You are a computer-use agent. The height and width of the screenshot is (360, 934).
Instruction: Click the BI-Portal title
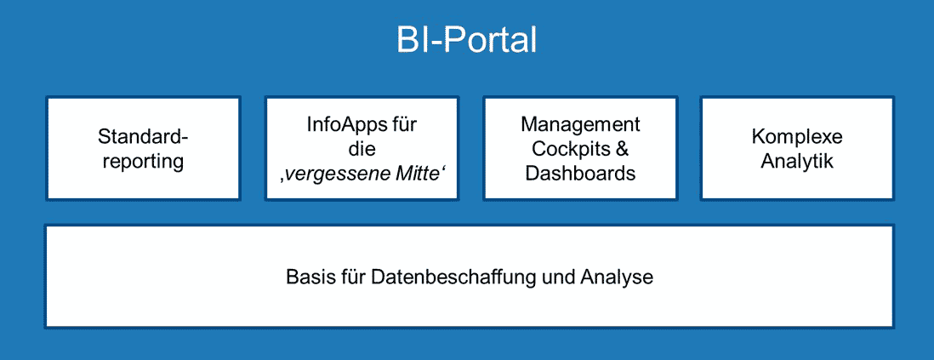[x=466, y=41]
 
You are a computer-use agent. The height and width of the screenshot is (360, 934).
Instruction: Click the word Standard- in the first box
[x=143, y=137]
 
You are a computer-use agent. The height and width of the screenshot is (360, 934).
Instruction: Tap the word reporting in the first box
[x=143, y=162]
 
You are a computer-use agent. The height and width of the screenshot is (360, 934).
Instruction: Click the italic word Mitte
[x=421, y=173]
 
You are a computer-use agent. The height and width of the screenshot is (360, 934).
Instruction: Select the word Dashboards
[x=581, y=174]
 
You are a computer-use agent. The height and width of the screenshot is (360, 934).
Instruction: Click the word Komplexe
[x=797, y=137]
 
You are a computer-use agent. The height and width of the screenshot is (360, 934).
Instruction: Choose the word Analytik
[x=797, y=162]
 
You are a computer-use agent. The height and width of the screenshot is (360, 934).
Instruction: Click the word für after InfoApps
[x=404, y=125]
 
